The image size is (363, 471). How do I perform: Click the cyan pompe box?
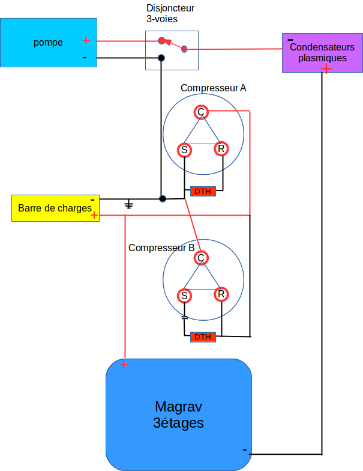[x=48, y=42]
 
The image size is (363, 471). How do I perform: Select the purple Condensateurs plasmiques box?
[x=322, y=53]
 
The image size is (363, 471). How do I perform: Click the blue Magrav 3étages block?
[x=179, y=415]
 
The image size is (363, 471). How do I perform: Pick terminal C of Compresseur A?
[x=201, y=112]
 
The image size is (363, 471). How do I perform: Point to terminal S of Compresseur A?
[x=184, y=150]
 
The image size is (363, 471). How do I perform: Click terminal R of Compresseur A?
[x=221, y=148]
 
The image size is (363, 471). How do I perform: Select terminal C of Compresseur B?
[x=201, y=258]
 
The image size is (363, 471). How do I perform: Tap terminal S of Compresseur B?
[x=184, y=296]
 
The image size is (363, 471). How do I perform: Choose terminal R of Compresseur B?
[x=221, y=294]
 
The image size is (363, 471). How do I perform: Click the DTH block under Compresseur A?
[x=203, y=192]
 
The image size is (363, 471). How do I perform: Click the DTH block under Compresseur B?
[x=203, y=336]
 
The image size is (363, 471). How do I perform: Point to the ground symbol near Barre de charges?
[x=128, y=205]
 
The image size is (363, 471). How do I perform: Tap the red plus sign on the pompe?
[x=86, y=40]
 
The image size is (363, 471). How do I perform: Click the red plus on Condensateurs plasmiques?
[x=326, y=68]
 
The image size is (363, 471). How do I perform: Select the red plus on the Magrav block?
[x=124, y=365]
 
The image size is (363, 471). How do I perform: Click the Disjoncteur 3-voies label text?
[x=170, y=13]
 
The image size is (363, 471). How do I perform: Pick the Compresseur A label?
[x=213, y=88]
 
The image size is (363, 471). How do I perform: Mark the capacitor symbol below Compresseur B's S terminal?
[x=184, y=317]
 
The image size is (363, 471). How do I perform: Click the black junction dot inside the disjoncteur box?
[x=161, y=58]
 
